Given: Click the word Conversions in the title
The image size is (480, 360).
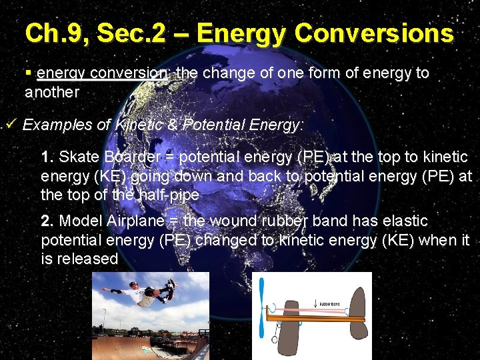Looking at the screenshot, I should click(374, 33).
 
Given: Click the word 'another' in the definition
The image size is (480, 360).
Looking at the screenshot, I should click(51, 92).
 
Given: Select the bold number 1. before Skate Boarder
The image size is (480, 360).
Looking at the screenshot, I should click(47, 157).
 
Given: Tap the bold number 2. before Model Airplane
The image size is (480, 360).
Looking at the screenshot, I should click(47, 221).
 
